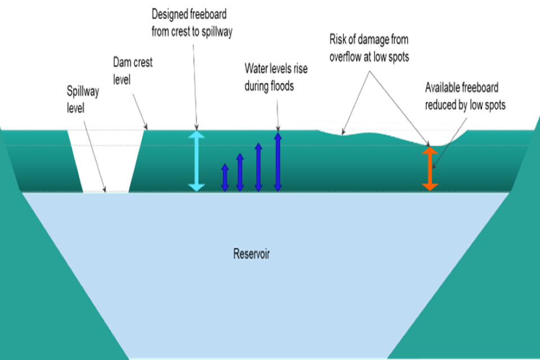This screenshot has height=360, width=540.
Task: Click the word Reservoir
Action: (x=251, y=254)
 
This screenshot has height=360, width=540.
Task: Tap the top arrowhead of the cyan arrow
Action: (x=196, y=136)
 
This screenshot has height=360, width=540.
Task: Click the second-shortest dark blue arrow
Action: (x=240, y=172)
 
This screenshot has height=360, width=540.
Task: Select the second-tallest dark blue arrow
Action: (x=259, y=167)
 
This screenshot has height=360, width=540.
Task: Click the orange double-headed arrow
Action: (x=430, y=169)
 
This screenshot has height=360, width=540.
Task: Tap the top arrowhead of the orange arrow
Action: (x=430, y=151)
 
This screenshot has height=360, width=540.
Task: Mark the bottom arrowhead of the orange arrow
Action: (x=430, y=186)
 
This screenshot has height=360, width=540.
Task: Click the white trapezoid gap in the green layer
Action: (x=107, y=160)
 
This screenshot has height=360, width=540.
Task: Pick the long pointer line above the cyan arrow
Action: (x=195, y=84)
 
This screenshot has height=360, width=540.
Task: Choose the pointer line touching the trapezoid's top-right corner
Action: (x=139, y=110)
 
